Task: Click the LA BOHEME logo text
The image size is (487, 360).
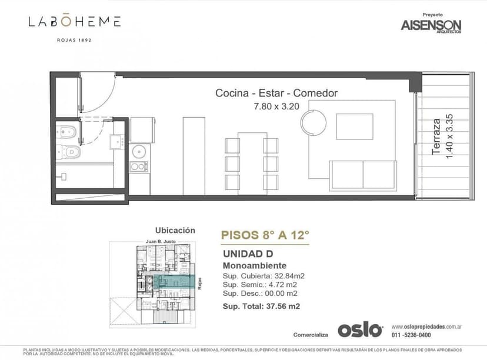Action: point(75,22)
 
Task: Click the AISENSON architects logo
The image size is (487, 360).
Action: point(431,25)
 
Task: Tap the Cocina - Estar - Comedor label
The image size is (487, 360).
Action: point(276,93)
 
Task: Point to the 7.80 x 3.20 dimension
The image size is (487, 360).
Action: point(276,106)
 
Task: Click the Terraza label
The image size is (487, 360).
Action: point(436,137)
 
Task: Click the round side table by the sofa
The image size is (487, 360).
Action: point(313,123)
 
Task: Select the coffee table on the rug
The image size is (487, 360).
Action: point(354,126)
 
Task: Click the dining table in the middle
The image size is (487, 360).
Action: point(252,163)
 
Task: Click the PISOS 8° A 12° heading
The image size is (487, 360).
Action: point(265,235)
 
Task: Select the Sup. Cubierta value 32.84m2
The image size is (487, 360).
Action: point(286,276)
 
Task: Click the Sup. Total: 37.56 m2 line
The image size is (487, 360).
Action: point(261,306)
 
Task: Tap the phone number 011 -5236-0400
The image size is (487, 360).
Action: point(411,335)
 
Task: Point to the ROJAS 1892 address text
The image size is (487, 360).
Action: point(75,40)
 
